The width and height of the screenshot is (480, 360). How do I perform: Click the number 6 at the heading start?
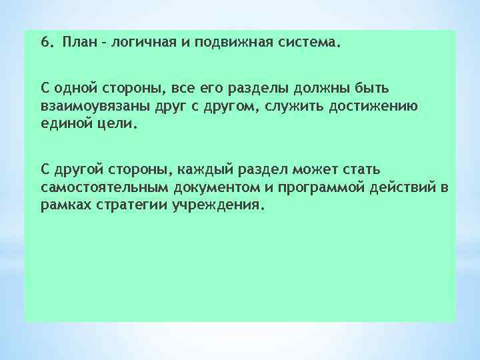coord(44,44)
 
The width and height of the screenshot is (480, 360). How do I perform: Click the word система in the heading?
coord(303,44)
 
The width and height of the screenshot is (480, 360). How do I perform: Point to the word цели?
coord(118,123)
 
